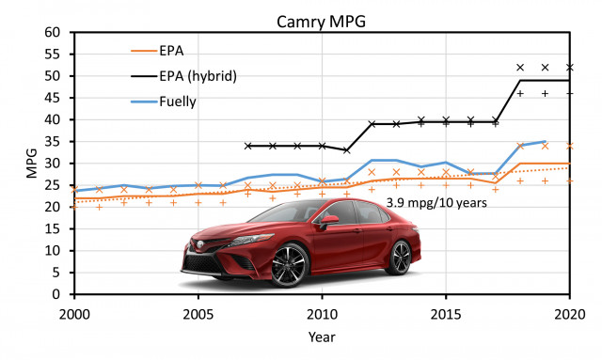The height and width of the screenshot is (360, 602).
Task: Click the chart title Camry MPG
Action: coord(321,22)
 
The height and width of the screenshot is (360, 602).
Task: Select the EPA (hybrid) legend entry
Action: coord(184,75)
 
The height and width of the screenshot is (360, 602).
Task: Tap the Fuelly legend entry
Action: coord(164,102)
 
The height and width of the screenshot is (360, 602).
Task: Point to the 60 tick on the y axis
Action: coord(53,32)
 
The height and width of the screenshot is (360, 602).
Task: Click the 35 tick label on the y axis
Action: coord(53,142)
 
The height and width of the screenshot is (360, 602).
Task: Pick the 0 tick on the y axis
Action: coord(56,294)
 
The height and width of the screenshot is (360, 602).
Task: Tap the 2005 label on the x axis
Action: coord(198,315)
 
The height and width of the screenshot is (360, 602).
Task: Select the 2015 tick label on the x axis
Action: coord(446,315)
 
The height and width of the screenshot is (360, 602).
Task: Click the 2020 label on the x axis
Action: coord(570,315)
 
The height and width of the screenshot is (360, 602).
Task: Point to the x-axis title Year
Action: coord(322,337)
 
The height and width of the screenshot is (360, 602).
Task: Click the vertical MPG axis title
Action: coord(32,164)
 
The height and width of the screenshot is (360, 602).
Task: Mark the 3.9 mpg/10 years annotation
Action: coord(436,202)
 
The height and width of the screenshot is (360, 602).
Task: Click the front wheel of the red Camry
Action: coord(290,266)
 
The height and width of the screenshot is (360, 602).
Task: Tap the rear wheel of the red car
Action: coord(400,258)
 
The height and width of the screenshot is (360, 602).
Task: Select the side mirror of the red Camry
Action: coord(329,220)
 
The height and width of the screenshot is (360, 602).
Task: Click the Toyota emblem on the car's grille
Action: coord(199,244)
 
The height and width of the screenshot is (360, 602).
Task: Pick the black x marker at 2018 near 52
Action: coord(520,68)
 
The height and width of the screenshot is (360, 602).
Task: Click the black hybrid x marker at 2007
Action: coord(247,146)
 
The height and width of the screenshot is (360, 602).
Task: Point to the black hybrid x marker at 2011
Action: coord(347,150)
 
